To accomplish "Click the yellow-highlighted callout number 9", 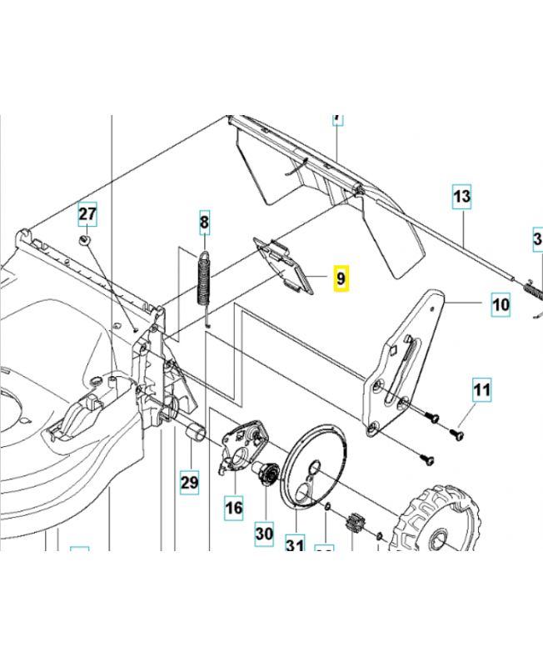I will (341, 278).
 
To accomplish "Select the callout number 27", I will (87, 214).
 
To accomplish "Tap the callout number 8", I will (204, 222).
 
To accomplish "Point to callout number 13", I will (461, 198).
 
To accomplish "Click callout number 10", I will (500, 305).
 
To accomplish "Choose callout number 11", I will (483, 389).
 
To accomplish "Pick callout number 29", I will (190, 481).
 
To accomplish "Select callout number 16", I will (233, 506).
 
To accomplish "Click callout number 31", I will (293, 546).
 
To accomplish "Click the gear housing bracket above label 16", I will (243, 445).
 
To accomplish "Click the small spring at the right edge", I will (534, 291).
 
